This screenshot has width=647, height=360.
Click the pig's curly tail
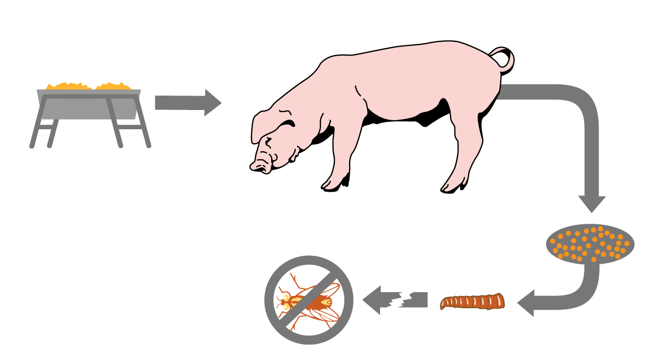pos(506,59)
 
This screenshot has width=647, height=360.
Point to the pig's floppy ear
pos(267,120)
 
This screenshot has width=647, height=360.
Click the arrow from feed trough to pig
pos(187,102)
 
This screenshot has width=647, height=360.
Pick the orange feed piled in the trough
pos(88,85)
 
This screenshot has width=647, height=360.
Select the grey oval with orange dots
pos(590,244)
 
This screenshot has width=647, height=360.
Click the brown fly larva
pos(472,302)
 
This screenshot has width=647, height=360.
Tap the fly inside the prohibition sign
pos(310,302)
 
